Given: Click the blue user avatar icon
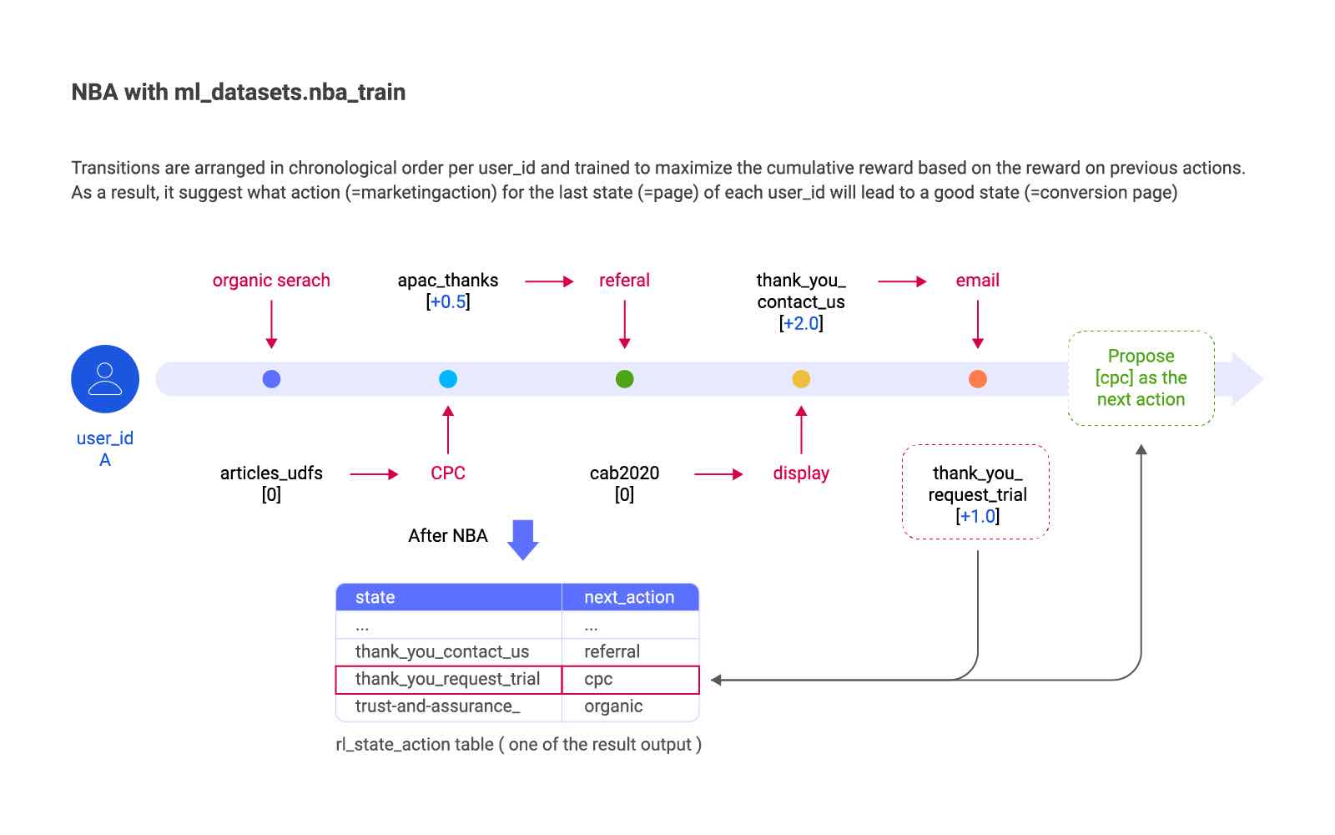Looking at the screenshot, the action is pos(105,379).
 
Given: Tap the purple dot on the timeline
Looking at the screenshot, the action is pos(271,379).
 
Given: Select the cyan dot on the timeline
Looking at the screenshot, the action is pos(448,379).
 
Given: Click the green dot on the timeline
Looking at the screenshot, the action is pos(625,379).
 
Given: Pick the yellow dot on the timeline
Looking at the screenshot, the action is pos(801,379).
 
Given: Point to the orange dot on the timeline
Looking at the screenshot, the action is pos(977,379).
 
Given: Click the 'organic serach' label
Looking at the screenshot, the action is pos(271,281).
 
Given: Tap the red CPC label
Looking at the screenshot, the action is pos(448,473).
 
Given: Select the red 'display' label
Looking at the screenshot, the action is pos(801,473).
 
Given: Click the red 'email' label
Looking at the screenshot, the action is pos(977,281).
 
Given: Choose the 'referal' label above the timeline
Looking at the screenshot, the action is pos(625,281).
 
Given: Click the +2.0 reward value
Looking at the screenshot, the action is pos(801,323).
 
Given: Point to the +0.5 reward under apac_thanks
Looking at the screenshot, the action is pos(448,301).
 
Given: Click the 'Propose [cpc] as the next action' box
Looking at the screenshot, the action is pos(1141,378).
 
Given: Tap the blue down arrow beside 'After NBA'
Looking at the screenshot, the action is pos(523,539).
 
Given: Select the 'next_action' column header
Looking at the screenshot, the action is pos(630,597).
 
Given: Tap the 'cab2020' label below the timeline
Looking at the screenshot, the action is pos(625,473).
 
